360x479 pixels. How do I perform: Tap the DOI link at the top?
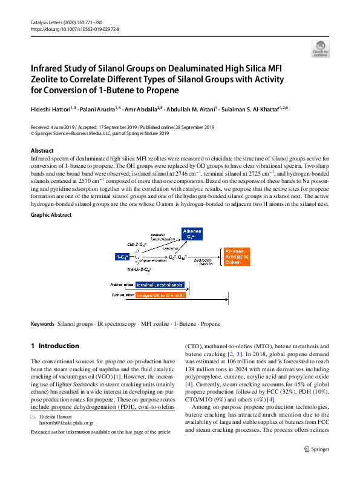coord(74,28)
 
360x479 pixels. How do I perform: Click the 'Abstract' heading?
coord(42,150)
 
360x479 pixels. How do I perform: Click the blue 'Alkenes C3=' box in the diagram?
coord(192,234)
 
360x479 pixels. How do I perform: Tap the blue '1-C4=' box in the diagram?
coord(122,257)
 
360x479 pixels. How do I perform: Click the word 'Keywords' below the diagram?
coord(42,324)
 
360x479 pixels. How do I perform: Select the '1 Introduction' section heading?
coord(54,346)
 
